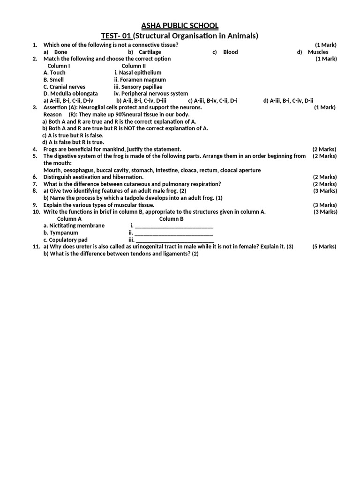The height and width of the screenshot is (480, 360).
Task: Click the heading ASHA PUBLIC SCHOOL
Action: click(180, 25)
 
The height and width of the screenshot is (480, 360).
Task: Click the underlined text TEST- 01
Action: click(117, 36)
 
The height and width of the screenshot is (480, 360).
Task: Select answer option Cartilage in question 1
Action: click(150, 52)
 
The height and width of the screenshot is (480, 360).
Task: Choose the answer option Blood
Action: click(230, 52)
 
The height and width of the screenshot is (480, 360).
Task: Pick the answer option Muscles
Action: click(318, 52)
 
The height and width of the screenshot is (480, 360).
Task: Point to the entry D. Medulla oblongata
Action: click(71, 93)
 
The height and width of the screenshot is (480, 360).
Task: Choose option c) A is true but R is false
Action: click(73, 135)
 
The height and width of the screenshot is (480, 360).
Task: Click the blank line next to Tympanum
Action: click(173, 233)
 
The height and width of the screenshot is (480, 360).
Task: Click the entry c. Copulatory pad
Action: click(66, 240)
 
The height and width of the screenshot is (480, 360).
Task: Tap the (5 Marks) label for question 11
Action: click(324, 246)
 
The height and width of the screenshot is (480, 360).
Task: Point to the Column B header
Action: click(171, 218)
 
